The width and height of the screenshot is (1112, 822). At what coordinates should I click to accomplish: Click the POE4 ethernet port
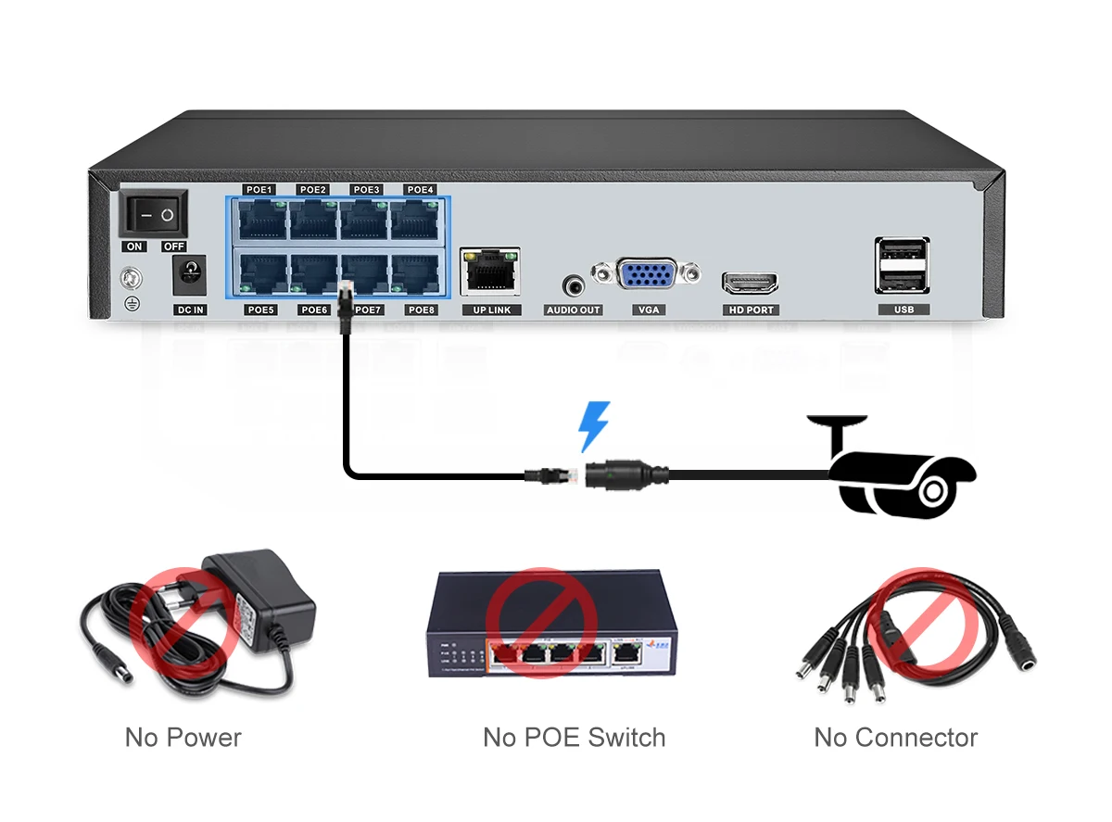(421, 221)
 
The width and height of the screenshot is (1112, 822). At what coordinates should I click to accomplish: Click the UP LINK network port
(490, 271)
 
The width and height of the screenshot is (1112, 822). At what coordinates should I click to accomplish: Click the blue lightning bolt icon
(594, 426)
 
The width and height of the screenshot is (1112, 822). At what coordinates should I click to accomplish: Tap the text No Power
(183, 738)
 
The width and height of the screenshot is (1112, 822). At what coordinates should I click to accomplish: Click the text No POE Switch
(574, 738)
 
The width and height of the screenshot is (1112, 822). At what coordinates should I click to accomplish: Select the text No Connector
(895, 738)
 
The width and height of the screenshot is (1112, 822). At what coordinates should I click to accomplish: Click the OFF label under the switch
(173, 247)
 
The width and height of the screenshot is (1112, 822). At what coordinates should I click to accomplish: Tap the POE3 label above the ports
(367, 190)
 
